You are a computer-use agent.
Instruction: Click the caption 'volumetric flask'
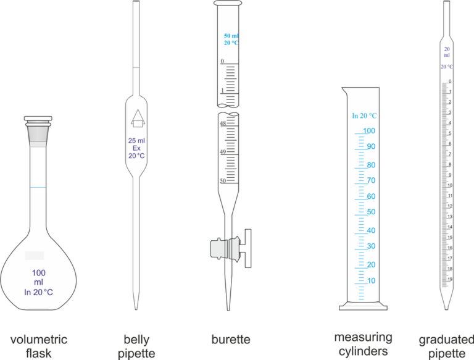coord(39,346)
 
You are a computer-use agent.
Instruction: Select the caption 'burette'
coord(230,340)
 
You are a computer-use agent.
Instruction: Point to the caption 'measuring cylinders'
coord(363,344)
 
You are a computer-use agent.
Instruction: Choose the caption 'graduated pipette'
coord(442,346)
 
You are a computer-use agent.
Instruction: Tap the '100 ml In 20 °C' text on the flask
coord(39,283)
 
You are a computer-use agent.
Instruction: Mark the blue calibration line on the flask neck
coord(38,187)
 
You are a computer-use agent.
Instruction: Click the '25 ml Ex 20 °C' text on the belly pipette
coord(136,148)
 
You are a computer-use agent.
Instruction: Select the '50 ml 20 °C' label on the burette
coord(231,39)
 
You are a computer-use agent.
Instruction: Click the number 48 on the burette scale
coord(223,123)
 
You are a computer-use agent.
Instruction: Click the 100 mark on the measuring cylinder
coord(369,131)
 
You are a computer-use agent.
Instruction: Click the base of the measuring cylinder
coord(364,306)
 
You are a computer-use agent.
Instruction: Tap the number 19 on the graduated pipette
coord(450,279)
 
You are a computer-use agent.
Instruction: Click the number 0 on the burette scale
coord(222,62)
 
